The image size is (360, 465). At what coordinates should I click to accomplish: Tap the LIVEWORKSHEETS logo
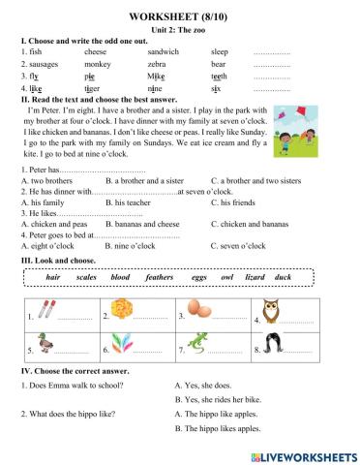301,454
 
